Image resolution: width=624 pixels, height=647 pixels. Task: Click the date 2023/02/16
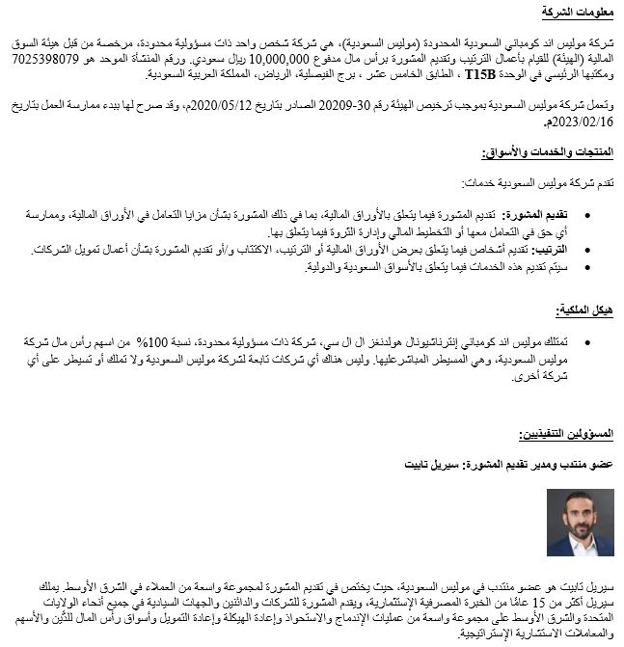tap(582, 121)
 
